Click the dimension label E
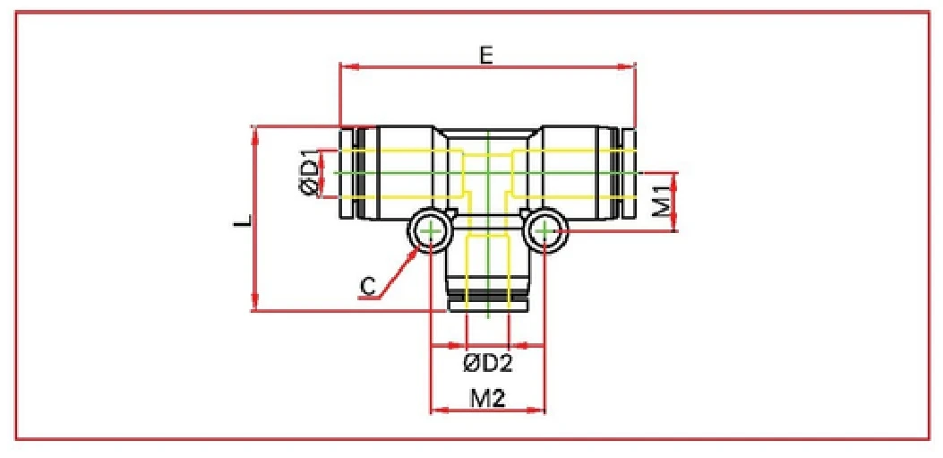click(x=485, y=55)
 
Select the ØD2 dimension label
click(x=487, y=364)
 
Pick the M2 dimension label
click(x=487, y=398)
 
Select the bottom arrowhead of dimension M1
click(x=674, y=226)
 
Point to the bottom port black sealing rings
click(x=488, y=296)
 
